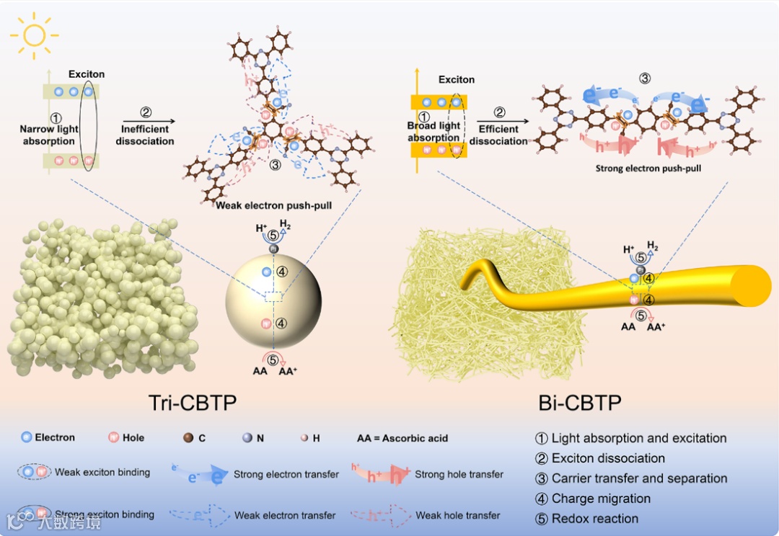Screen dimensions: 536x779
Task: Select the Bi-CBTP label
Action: coord(579,402)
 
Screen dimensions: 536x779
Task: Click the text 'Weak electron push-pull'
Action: coord(273,205)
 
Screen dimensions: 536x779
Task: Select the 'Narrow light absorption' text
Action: coord(48,135)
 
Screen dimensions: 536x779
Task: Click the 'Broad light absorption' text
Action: coord(433,132)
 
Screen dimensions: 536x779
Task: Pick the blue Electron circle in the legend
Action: coord(27,437)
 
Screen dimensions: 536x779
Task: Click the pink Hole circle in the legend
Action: coord(113,437)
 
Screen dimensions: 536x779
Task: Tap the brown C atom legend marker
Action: coord(189,437)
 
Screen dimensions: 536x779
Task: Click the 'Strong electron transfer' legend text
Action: coord(286,474)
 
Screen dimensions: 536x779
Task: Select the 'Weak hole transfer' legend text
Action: coord(457,515)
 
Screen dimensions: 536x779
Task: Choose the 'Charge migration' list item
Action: coord(600,499)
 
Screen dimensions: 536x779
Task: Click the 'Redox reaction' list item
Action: coord(594,519)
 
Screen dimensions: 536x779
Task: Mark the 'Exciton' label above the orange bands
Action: coord(457,80)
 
